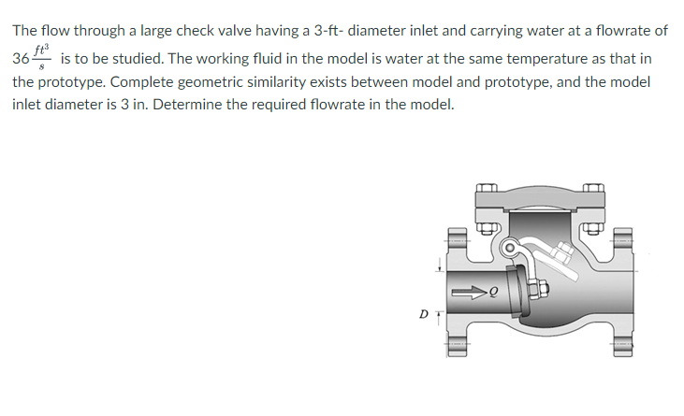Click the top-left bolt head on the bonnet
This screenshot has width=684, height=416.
click(485, 191)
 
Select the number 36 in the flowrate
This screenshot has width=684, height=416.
click(21, 58)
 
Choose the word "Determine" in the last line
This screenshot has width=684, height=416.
click(186, 104)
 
